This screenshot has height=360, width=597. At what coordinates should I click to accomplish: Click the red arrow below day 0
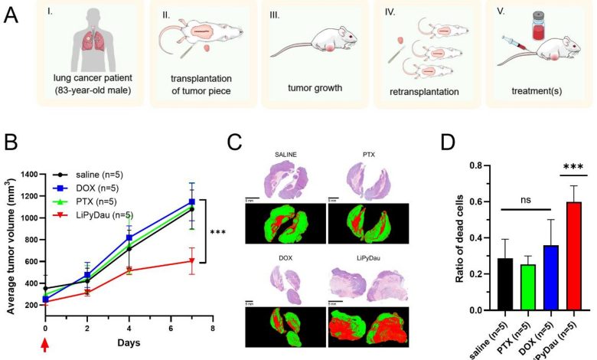coord(45,345)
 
